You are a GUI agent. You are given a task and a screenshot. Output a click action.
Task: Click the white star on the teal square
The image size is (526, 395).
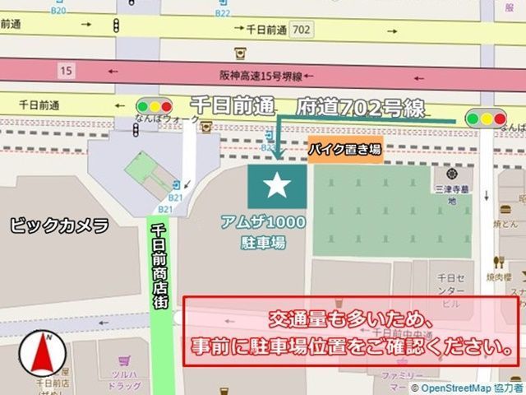point(277,187)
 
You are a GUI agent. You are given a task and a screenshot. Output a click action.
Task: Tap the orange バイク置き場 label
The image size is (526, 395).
point(345,150)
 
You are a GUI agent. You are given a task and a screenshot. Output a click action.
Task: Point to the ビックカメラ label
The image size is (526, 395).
point(59,225)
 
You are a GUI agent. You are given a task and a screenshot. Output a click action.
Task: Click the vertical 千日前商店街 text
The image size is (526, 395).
point(161,263)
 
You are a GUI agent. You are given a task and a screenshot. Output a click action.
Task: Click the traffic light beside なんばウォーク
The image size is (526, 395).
point(155,106)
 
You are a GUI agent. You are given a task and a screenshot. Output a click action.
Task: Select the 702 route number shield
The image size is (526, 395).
point(301,30)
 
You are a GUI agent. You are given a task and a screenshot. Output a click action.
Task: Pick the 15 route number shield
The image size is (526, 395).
point(66,71)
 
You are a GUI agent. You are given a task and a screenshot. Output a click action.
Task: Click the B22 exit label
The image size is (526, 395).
point(223,12)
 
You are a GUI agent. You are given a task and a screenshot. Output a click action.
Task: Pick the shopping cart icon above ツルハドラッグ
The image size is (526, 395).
point(123,360)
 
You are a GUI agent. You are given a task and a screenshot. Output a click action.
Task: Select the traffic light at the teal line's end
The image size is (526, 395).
point(485,118)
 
